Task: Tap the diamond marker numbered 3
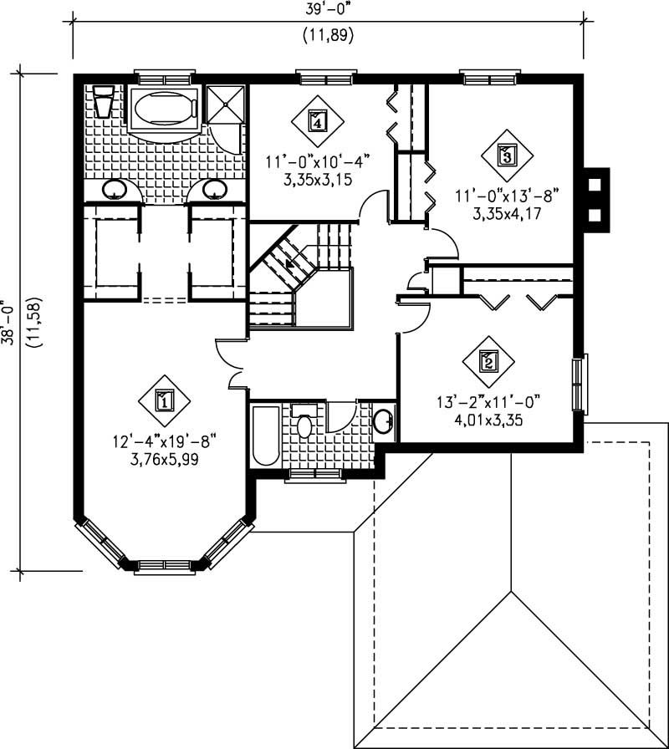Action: point(506,155)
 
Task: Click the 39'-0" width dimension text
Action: point(327,13)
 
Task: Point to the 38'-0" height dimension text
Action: point(10,322)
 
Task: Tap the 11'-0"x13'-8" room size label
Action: point(506,195)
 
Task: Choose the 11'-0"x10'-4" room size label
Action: point(317,160)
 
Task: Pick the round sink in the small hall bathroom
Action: point(384,421)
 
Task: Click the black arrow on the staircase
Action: point(290,264)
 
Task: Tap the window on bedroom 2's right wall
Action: point(579,383)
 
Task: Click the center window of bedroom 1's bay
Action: point(165,566)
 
